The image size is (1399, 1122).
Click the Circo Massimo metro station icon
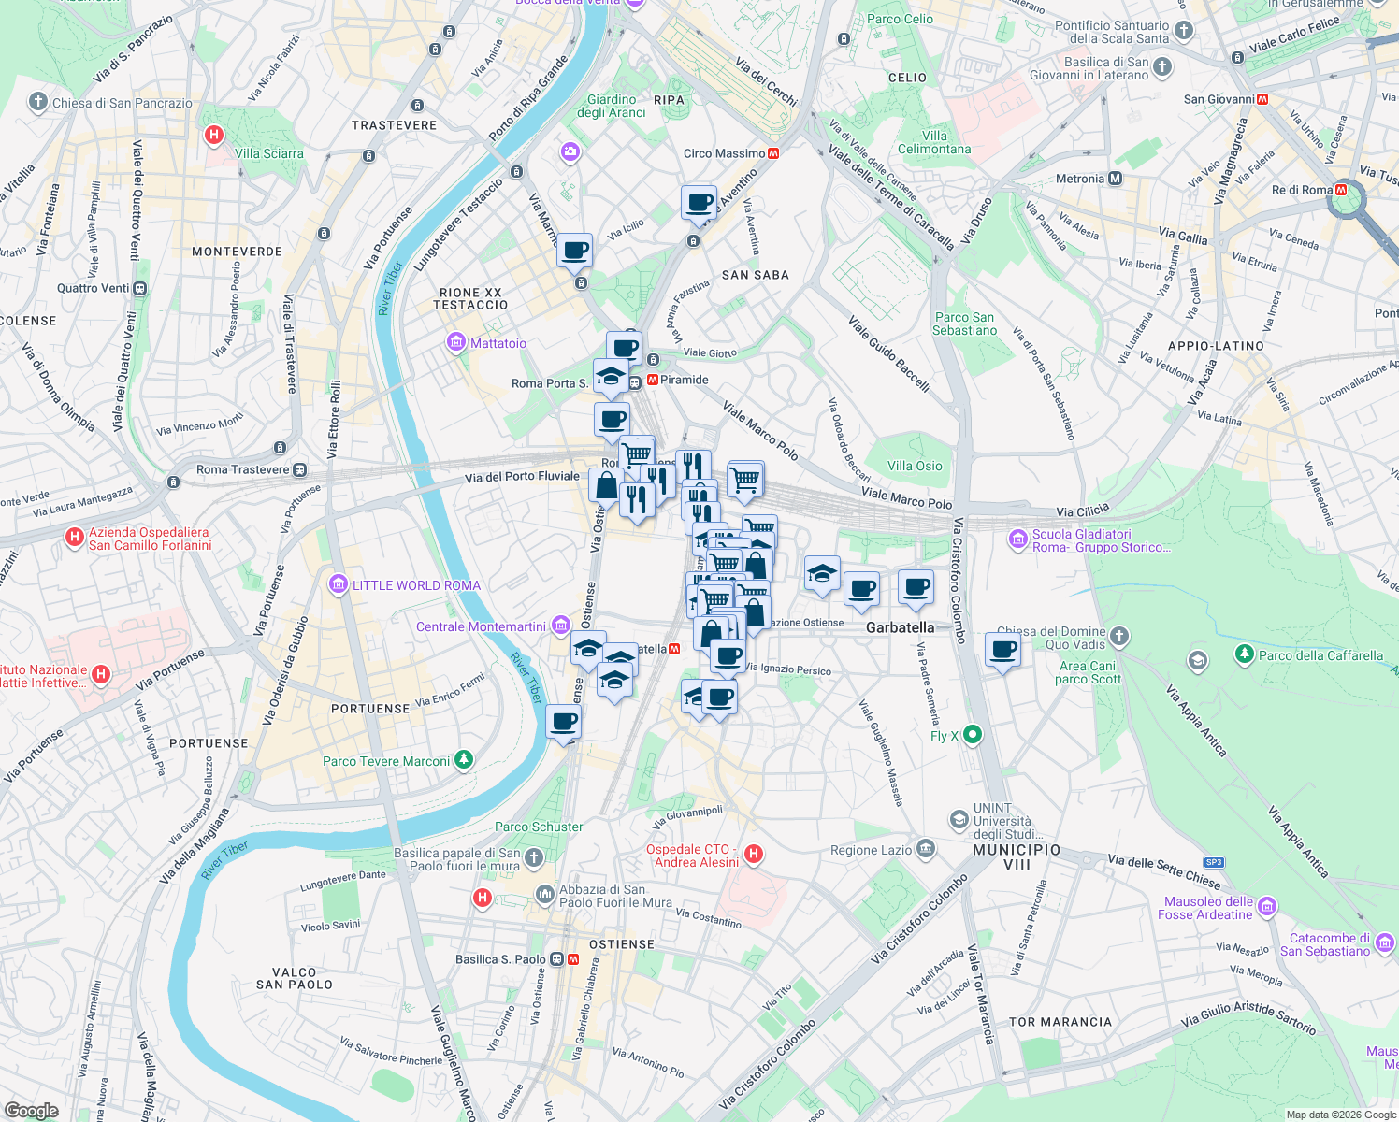click(773, 153)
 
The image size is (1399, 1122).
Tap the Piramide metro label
click(684, 380)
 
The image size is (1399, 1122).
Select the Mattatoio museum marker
click(456, 343)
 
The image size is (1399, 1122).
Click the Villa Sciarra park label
click(268, 153)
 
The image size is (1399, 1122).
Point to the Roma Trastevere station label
click(242, 469)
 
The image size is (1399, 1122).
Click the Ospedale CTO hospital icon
click(755, 854)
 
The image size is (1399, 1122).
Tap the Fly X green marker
click(973, 735)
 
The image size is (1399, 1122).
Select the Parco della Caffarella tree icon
click(1244, 654)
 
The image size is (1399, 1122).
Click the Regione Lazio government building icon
click(926, 849)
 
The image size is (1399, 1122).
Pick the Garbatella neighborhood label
click(900, 627)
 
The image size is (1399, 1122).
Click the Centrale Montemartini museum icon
click(560, 626)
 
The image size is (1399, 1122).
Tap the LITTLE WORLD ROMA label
click(416, 585)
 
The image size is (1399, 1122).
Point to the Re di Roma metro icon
click(1341, 190)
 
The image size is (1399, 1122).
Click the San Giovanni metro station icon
click(1262, 99)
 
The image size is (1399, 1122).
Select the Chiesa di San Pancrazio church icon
click(37, 102)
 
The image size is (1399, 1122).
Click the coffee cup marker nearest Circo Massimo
click(699, 203)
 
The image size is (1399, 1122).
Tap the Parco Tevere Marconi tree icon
click(464, 760)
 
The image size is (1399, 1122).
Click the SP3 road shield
click(1214, 862)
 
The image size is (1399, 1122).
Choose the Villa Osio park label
click(915, 466)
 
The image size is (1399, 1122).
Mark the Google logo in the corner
click(32, 1111)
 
